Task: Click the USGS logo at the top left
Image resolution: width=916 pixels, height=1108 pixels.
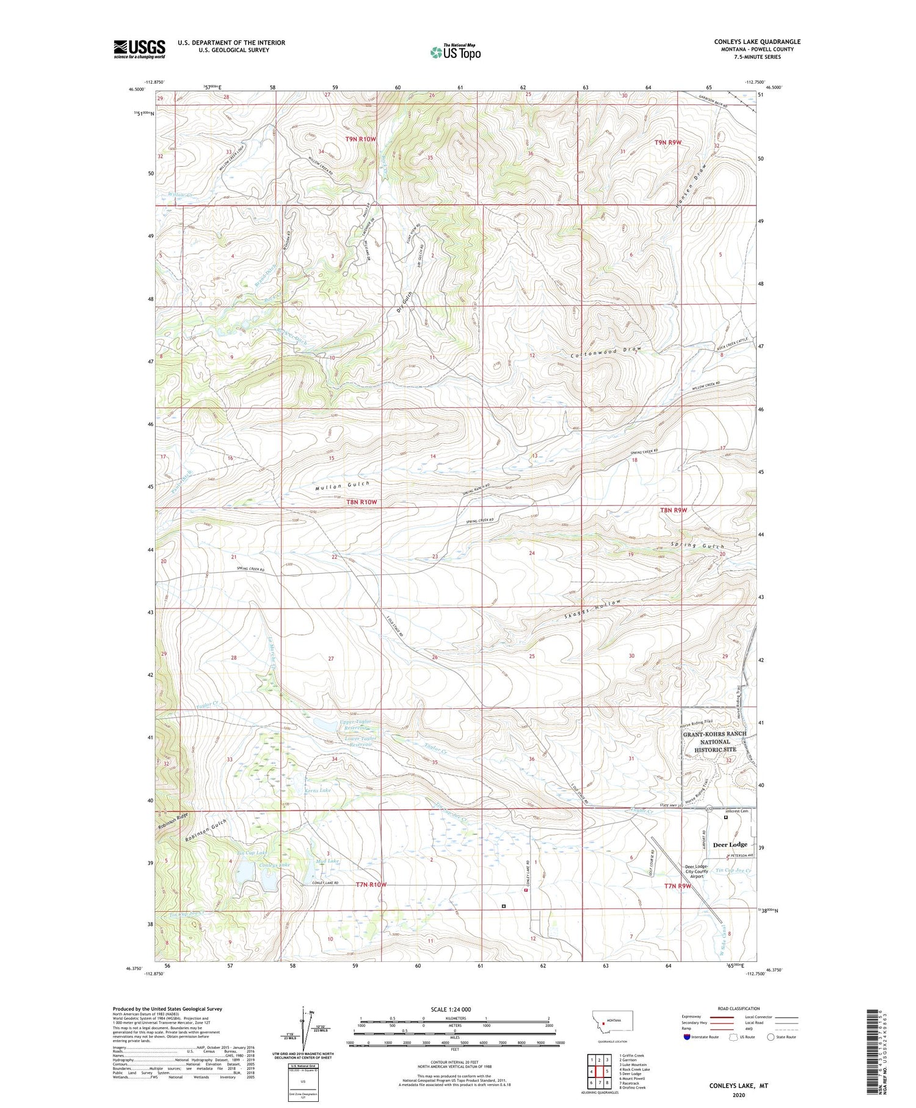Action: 139,49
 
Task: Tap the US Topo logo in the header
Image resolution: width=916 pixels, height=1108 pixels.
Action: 455,52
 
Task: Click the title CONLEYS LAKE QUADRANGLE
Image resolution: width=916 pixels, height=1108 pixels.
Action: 757,42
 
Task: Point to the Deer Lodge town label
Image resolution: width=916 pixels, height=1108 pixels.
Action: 730,845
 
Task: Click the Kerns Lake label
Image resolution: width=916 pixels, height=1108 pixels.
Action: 318,790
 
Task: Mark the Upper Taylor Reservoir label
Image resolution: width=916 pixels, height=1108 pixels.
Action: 355,725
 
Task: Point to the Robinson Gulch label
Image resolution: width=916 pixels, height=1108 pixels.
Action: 206,831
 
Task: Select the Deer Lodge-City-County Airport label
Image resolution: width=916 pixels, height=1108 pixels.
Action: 696,871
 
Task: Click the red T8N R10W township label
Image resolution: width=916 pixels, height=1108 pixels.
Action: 362,502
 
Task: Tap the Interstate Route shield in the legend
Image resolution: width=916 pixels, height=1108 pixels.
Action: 687,1037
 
